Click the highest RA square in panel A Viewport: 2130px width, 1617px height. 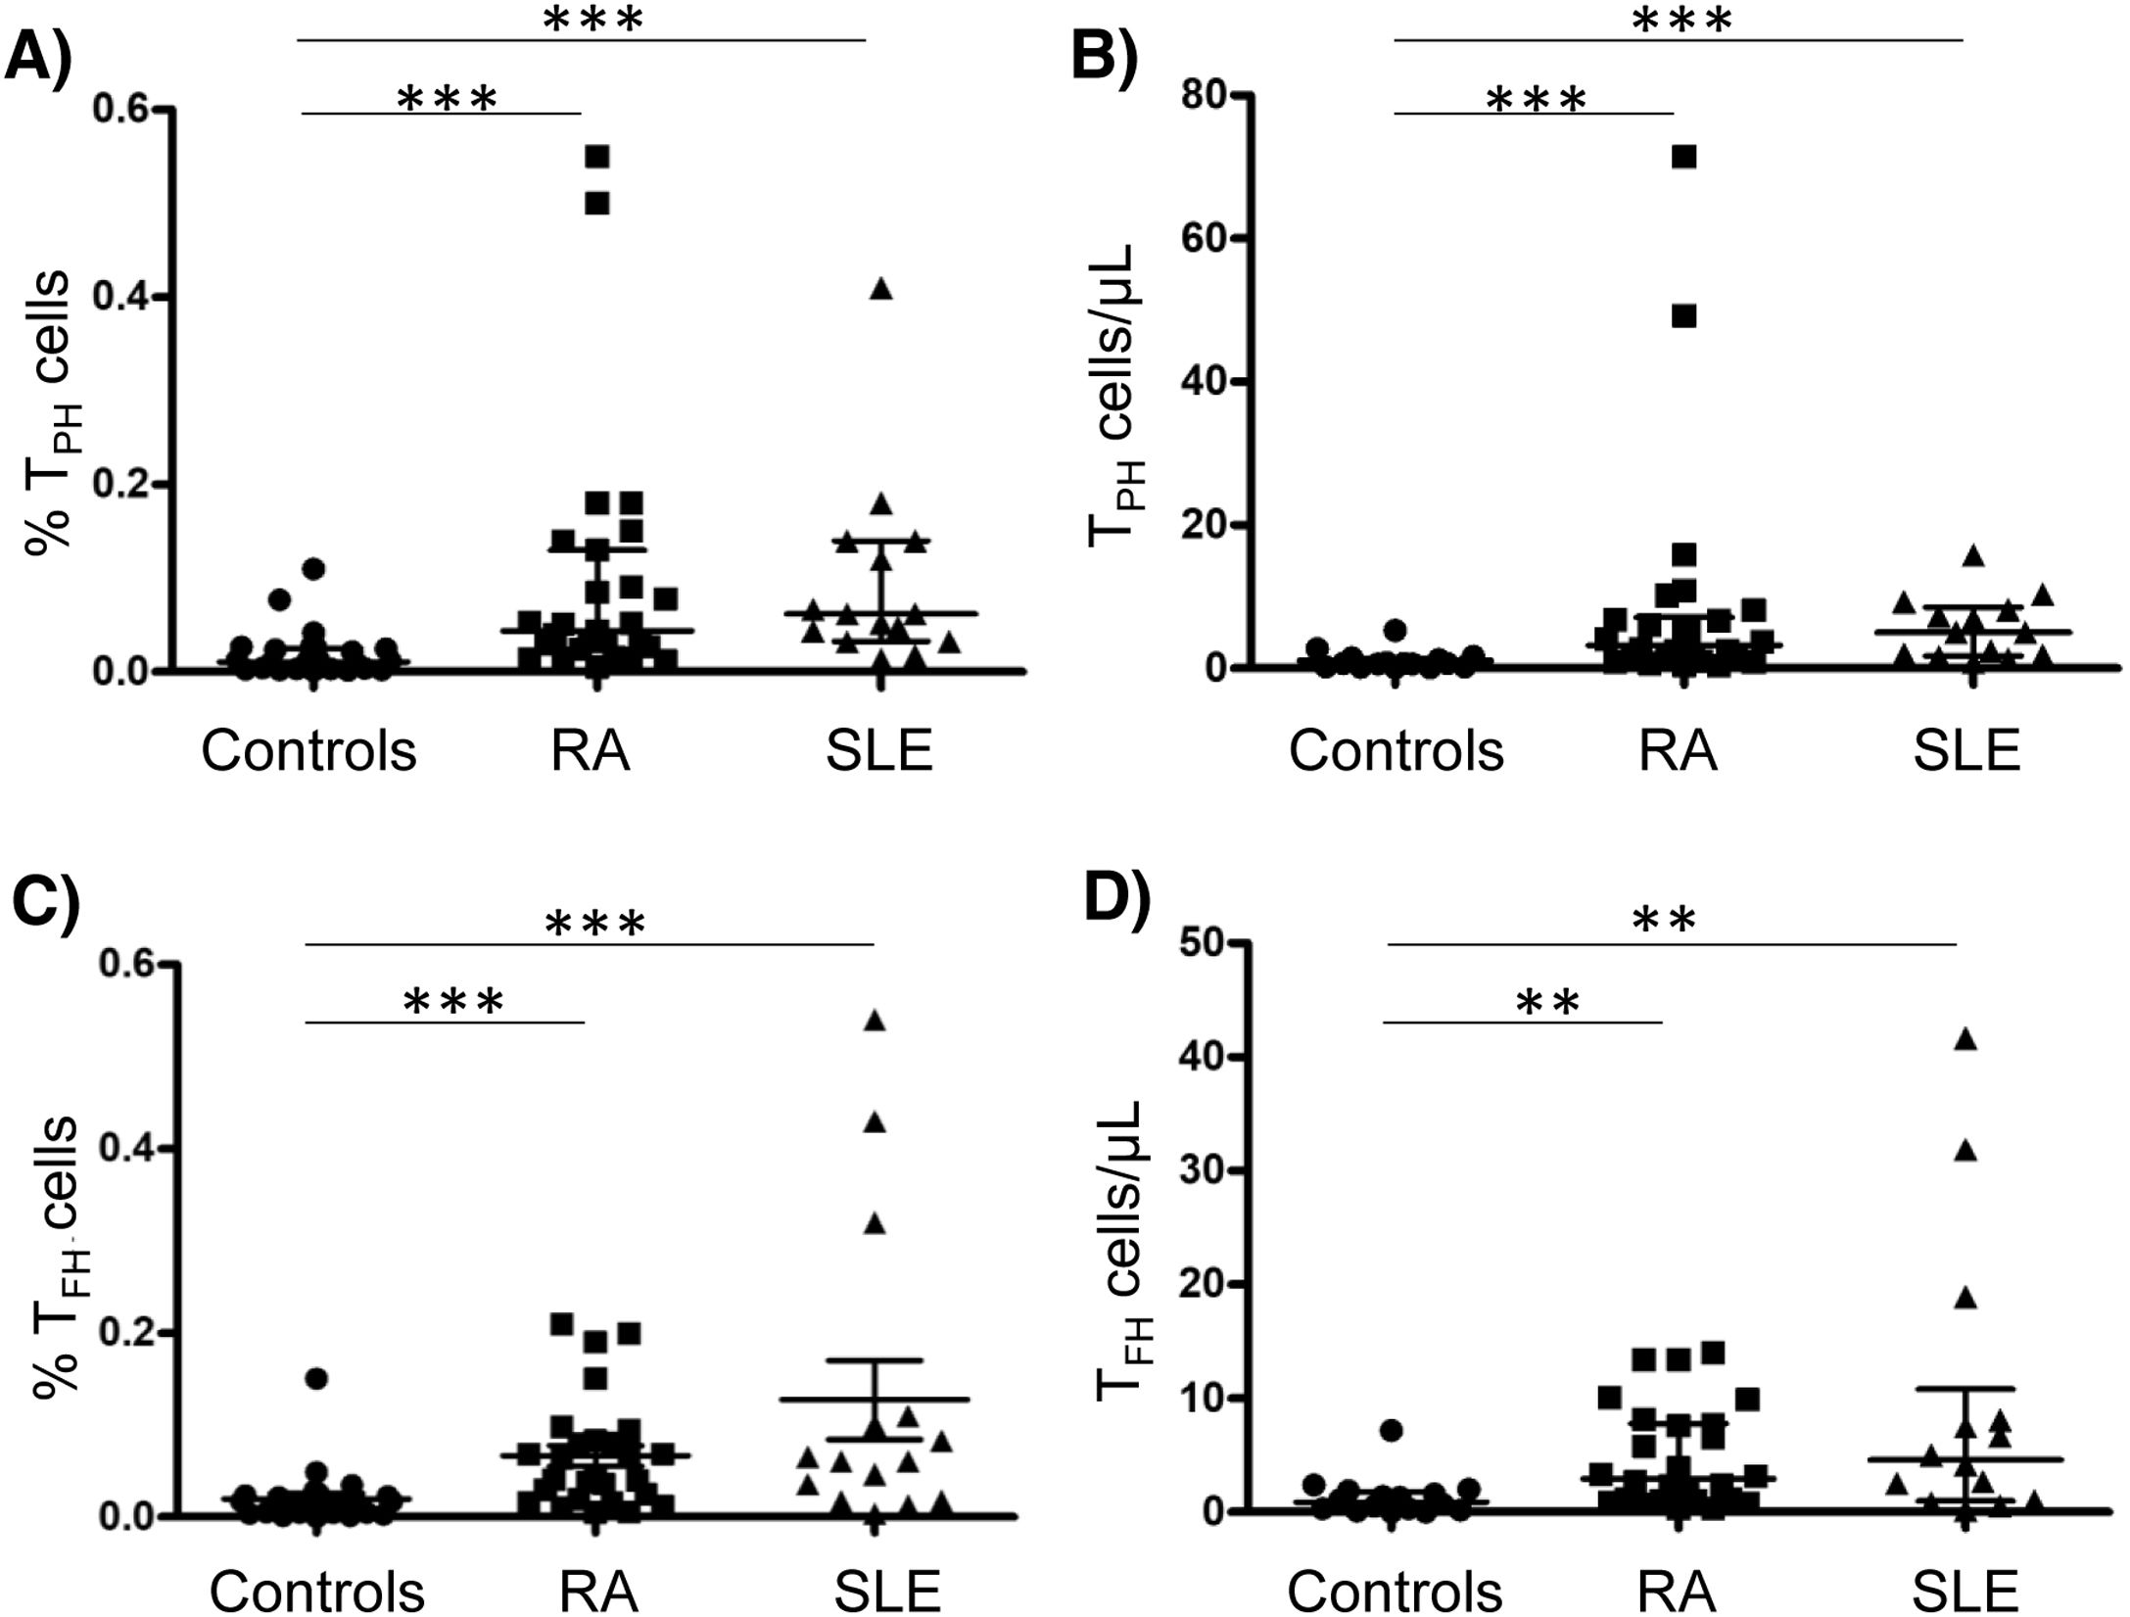tap(597, 157)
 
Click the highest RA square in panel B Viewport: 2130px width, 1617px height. tap(1683, 157)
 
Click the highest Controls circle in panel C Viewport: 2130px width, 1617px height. tap(316, 1379)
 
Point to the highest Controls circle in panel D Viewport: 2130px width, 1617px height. tap(1392, 1430)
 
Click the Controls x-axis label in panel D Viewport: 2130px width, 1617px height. tap(1395, 1591)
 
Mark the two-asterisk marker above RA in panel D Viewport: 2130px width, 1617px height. tap(1547, 1002)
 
